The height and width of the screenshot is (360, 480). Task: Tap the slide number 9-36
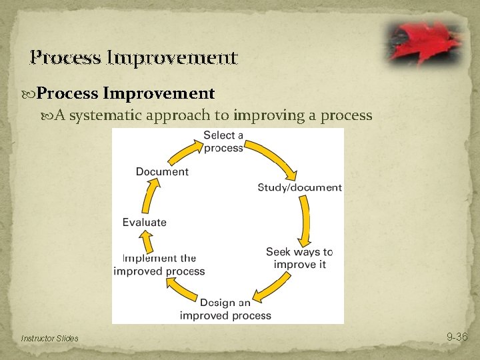pos(457,337)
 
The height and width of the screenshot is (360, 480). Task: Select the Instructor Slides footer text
pos(49,339)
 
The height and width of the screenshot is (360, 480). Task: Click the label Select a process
pos(223,141)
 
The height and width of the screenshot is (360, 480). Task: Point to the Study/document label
pos(299,187)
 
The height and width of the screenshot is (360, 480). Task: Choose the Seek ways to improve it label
pos(299,258)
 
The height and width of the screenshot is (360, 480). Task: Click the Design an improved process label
pos(225,309)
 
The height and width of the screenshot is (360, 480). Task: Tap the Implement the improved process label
pos(159,265)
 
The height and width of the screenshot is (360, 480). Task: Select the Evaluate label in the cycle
pos(145,222)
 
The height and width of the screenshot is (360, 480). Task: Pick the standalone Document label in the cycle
pos(162,171)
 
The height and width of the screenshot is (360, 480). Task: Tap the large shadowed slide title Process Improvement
pos(133,57)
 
